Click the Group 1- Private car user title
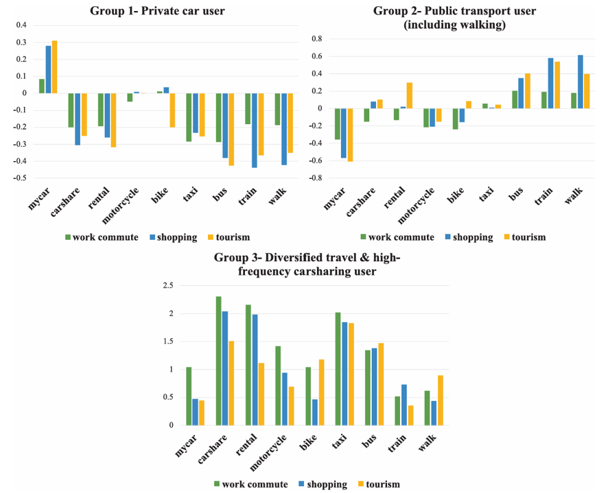(157, 11)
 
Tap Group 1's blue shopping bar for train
(255, 130)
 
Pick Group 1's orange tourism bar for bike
(172, 110)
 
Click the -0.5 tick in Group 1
(21, 178)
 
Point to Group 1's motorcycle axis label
(120, 206)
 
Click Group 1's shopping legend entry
(174, 237)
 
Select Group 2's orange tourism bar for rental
(410, 95)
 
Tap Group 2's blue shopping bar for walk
(580, 82)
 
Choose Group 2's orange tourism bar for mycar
(350, 135)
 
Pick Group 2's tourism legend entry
(525, 237)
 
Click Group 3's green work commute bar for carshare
(219, 361)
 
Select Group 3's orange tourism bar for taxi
(351, 374)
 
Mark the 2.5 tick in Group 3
(168, 286)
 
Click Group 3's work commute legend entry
(251, 484)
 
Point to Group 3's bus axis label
(369, 441)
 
